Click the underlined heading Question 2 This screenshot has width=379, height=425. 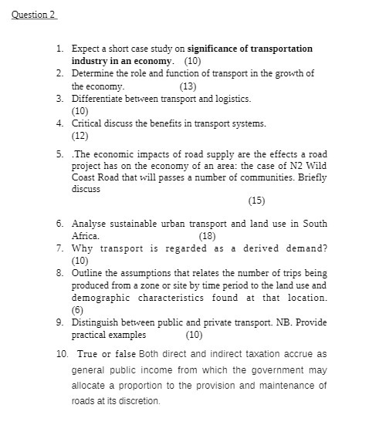[x=35, y=15]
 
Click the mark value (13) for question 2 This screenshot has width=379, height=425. [x=188, y=86]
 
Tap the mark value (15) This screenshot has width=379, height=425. [x=256, y=201]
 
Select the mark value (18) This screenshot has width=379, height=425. [x=207, y=236]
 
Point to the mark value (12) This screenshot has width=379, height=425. [x=80, y=136]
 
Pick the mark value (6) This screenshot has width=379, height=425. [x=77, y=310]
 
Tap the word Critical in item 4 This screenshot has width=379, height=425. [x=88, y=123]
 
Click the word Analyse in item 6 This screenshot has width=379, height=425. [x=90, y=224]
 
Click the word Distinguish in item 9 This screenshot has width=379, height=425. [x=96, y=322]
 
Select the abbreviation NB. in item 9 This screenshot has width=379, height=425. [x=283, y=322]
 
